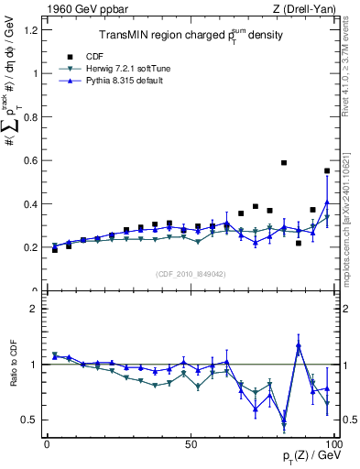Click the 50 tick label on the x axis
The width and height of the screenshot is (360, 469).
[x=191, y=444]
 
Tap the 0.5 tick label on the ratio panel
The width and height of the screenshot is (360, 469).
[x=28, y=420]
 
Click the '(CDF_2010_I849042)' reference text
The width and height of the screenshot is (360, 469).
[x=191, y=273]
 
